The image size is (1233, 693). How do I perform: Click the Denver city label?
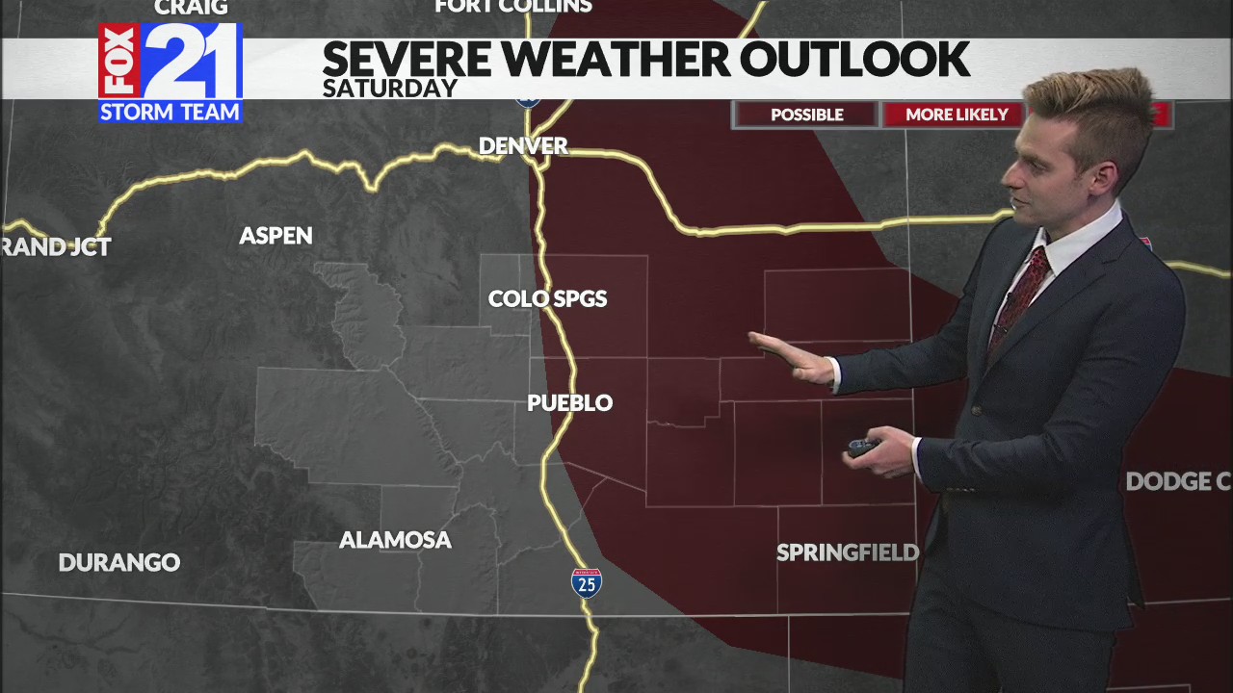(x=523, y=146)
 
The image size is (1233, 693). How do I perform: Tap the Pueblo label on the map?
(x=569, y=403)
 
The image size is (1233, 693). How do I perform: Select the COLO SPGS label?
(x=547, y=299)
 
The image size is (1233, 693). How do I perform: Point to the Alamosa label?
(x=395, y=541)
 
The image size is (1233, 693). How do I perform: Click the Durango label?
(x=119, y=563)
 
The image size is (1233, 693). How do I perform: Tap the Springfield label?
(x=847, y=553)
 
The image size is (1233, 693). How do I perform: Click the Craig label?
(x=191, y=8)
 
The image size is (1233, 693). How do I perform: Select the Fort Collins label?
(x=512, y=7)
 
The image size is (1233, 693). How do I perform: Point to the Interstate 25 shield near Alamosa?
(x=587, y=582)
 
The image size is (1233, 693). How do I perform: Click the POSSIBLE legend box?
(x=806, y=115)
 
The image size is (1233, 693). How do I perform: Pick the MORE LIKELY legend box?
(x=956, y=115)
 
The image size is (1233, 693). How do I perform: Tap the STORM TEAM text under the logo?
(x=171, y=113)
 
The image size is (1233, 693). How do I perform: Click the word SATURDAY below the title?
(x=389, y=89)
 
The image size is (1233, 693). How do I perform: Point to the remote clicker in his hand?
(x=862, y=447)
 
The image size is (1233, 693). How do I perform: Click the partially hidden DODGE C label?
(x=1177, y=482)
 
